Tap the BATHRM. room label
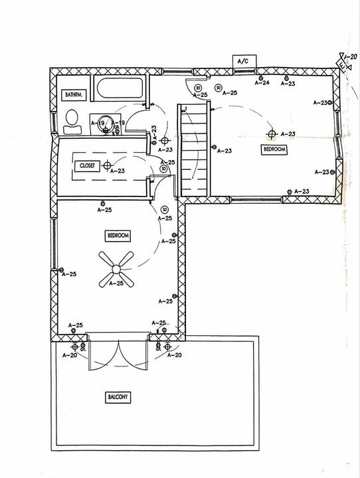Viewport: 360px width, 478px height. click(x=72, y=96)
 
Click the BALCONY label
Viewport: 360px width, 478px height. click(x=118, y=397)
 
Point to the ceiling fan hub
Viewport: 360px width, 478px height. click(x=116, y=269)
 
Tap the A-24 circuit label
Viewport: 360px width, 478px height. click(x=262, y=83)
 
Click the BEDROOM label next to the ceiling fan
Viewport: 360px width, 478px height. click(x=117, y=236)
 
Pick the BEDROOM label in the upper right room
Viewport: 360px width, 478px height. click(x=274, y=150)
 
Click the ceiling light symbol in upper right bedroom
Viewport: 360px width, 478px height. click(x=271, y=134)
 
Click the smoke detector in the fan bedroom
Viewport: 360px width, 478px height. click(x=164, y=210)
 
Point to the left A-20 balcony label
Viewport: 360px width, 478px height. click(x=69, y=355)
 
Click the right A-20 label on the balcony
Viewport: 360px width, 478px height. click(x=174, y=355)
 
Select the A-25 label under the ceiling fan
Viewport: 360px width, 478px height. click(x=116, y=284)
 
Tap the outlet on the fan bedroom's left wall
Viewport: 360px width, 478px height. click(x=61, y=270)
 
